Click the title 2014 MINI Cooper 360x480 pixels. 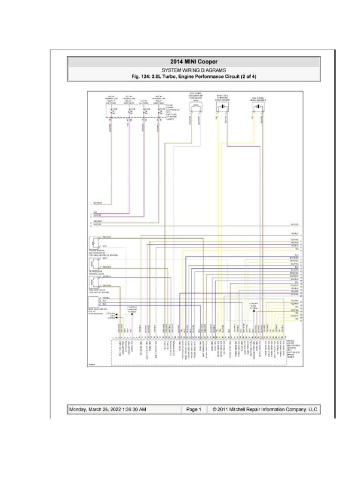pyautogui.click(x=194, y=61)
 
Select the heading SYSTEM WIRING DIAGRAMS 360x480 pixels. pyautogui.click(x=194, y=69)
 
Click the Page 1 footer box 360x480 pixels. pyautogui.click(x=194, y=409)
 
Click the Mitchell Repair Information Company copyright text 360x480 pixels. pyautogui.click(x=265, y=409)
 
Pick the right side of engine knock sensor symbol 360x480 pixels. pyautogui.click(x=221, y=107)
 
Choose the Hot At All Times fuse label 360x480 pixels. pyautogui.click(x=144, y=100)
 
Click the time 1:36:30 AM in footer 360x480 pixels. pyautogui.click(x=131, y=409)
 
